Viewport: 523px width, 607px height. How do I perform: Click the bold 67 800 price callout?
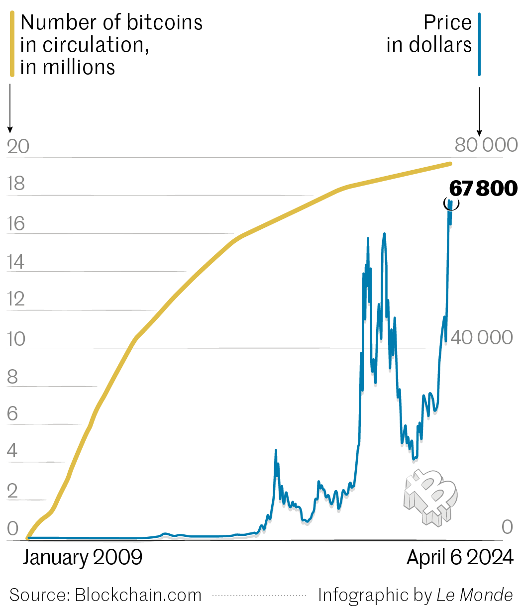[483, 189]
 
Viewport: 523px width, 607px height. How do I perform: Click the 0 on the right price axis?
[507, 527]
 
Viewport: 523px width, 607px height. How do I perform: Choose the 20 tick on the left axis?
[18, 147]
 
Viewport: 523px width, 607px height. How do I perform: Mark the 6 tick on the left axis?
[12, 414]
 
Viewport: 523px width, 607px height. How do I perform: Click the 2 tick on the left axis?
[12, 491]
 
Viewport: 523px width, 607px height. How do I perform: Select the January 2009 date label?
[82, 557]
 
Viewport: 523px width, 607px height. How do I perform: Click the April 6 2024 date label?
[459, 557]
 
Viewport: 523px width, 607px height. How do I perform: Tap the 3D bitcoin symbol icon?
[430, 497]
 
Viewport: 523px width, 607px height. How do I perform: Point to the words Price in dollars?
[429, 34]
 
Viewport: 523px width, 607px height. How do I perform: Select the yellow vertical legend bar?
[12, 44]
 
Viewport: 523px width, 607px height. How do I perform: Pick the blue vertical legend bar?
[479, 44]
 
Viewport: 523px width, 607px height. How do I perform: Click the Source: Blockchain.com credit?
[105, 595]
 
